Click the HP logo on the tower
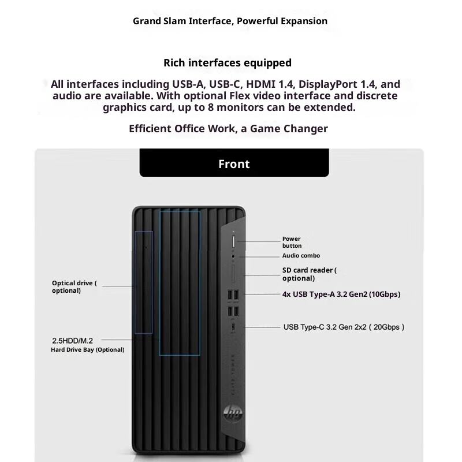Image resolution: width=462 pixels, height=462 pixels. pyautogui.click(x=233, y=412)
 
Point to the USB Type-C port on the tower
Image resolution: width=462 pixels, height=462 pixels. pyautogui.click(x=233, y=327)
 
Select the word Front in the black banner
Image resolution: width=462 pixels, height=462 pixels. pyautogui.click(x=234, y=164)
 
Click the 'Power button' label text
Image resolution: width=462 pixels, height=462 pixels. pyautogui.click(x=292, y=242)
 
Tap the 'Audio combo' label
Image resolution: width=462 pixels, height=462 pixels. pyautogui.click(x=301, y=255)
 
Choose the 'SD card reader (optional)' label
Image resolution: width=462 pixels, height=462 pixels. pyautogui.click(x=308, y=274)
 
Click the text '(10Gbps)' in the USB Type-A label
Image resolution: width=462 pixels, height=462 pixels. pyautogui.click(x=385, y=294)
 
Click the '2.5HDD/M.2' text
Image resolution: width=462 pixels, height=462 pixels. pyautogui.click(x=72, y=341)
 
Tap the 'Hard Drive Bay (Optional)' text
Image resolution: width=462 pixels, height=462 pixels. pyautogui.click(x=87, y=349)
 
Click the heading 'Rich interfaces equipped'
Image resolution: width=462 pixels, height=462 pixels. pyautogui.click(x=227, y=62)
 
